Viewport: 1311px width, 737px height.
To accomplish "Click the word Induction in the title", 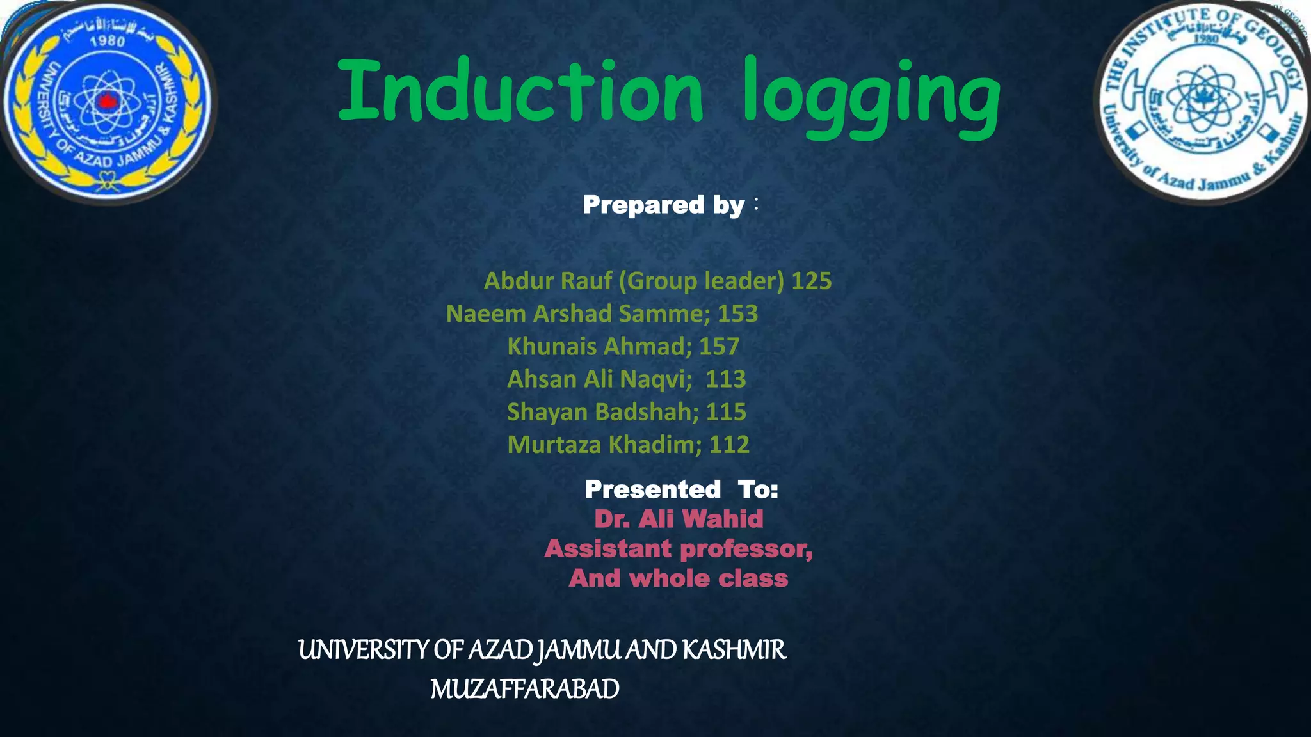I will (x=520, y=91).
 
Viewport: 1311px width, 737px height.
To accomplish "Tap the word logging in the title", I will (x=871, y=96).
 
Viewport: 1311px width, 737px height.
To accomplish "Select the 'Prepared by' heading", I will (x=664, y=205).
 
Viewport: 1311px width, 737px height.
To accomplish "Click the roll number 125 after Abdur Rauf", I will (x=812, y=281).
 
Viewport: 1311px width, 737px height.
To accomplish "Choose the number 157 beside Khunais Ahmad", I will (x=719, y=346).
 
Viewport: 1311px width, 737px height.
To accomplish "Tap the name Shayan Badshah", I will (x=599, y=412).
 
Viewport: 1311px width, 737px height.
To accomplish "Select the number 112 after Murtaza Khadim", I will (x=729, y=445).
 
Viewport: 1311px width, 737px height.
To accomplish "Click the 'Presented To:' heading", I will (x=681, y=489).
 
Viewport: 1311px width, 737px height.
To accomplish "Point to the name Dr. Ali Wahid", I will (x=679, y=519).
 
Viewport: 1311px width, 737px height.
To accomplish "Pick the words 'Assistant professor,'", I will (x=679, y=549).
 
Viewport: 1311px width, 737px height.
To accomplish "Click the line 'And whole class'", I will (x=679, y=578).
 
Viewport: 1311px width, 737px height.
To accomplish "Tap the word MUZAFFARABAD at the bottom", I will (x=525, y=689).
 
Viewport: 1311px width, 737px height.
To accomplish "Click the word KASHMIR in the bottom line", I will (x=734, y=650).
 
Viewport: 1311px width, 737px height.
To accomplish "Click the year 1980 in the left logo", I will (x=107, y=42).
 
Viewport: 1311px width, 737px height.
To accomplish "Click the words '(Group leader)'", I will (x=701, y=281).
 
